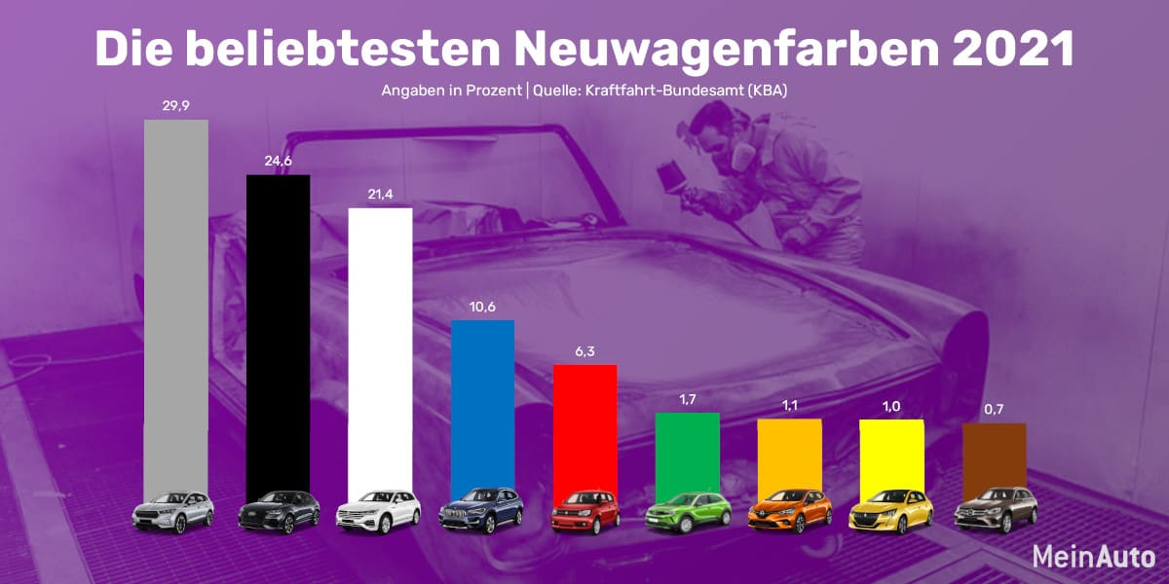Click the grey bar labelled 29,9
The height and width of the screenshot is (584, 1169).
[x=175, y=302]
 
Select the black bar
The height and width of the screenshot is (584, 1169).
[x=278, y=331]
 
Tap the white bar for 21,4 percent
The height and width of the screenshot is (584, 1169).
[x=380, y=350]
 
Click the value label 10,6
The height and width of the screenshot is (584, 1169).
[x=482, y=308]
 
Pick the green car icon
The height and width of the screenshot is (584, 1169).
[x=687, y=511]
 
